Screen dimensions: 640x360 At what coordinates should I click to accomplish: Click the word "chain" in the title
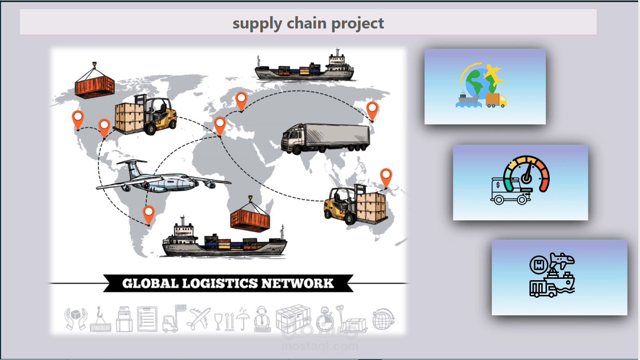306,23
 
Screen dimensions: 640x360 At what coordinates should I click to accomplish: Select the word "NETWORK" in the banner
298,284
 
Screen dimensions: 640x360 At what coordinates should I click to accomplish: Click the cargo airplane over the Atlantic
163,177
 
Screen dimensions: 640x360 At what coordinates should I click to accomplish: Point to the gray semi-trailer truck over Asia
325,139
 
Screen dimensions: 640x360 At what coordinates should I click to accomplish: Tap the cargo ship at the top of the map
304,66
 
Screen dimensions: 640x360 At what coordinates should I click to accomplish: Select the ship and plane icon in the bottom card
552,275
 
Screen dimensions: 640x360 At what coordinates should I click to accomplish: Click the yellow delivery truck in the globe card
496,100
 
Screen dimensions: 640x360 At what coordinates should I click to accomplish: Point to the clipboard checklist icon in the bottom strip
147,319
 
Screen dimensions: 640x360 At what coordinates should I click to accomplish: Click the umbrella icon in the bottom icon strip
243,319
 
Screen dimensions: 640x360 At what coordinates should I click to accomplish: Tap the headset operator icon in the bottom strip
262,319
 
